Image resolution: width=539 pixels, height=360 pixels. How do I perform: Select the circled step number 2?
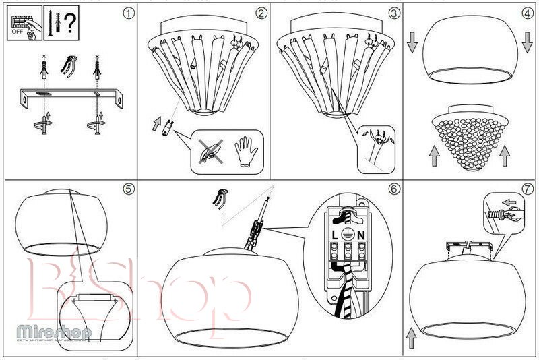click(261, 13)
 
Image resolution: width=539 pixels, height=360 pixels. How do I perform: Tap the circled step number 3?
click(394, 13)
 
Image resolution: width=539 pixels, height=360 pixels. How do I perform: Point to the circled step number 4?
click(528, 13)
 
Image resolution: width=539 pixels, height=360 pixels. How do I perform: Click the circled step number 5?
click(128, 189)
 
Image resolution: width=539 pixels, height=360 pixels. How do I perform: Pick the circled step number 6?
click(394, 189)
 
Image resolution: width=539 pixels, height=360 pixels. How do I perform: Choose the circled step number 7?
click(528, 189)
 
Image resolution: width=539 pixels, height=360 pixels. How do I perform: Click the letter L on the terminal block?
click(335, 235)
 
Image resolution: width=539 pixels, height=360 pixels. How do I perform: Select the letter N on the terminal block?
click(361, 235)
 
